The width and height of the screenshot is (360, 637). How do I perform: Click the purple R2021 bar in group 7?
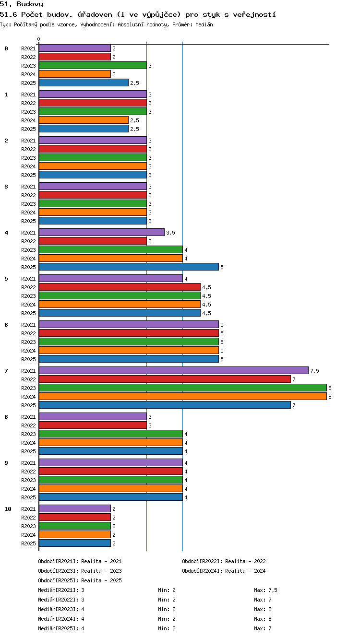click(x=174, y=370)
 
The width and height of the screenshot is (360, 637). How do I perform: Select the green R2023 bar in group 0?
click(x=93, y=65)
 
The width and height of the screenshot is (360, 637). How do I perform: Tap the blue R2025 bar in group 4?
click(x=129, y=267)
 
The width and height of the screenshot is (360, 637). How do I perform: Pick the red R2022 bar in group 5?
click(x=120, y=287)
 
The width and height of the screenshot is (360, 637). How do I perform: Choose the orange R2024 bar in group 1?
click(x=84, y=120)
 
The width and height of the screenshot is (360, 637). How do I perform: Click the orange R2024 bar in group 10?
click(x=74, y=534)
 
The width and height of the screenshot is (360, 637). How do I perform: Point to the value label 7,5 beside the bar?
click(x=314, y=371)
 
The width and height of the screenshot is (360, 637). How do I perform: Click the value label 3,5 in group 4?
click(x=170, y=233)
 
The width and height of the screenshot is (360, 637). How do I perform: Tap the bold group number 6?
click(x=6, y=325)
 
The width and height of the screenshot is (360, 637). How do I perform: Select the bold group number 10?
click(x=8, y=509)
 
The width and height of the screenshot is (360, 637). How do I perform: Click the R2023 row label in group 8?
click(x=28, y=434)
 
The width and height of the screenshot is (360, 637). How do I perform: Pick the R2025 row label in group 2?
click(x=28, y=175)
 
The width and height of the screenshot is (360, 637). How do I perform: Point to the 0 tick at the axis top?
click(x=39, y=39)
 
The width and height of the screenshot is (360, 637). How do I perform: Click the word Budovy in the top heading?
click(x=30, y=4)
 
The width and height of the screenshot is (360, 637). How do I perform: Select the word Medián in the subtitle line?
click(x=204, y=25)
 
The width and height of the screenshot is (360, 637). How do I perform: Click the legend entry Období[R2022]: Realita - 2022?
click(x=224, y=561)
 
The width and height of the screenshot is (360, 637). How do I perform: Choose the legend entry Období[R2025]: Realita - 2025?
click(x=80, y=580)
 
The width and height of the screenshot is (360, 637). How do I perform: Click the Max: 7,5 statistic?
click(x=265, y=590)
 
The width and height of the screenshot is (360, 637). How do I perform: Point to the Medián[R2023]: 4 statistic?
click(x=61, y=609)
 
